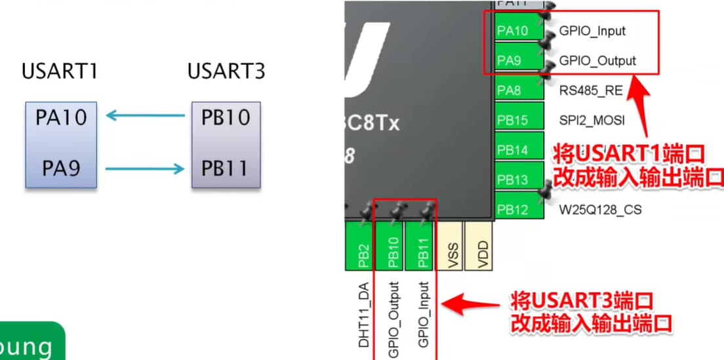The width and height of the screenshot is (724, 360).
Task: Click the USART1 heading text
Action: [x=60, y=71]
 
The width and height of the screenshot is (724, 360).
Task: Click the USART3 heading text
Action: [x=226, y=71]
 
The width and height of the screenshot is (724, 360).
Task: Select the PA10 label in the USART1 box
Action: [x=60, y=118]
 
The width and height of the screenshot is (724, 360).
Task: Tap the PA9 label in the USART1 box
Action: [x=60, y=169]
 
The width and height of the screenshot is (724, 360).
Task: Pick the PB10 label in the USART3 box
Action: [x=226, y=118]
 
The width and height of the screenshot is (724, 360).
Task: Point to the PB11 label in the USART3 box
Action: [x=226, y=169]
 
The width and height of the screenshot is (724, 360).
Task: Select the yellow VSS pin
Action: [x=452, y=247]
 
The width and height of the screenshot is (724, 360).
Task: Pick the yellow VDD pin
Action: [x=482, y=247]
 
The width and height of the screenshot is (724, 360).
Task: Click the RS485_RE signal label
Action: [x=590, y=90]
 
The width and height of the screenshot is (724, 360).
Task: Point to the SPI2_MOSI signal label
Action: [x=592, y=121]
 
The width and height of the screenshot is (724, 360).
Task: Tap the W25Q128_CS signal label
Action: [x=600, y=210]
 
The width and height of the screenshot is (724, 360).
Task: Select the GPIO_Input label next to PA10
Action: [x=592, y=31]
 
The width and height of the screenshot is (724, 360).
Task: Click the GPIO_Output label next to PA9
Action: [x=597, y=61]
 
